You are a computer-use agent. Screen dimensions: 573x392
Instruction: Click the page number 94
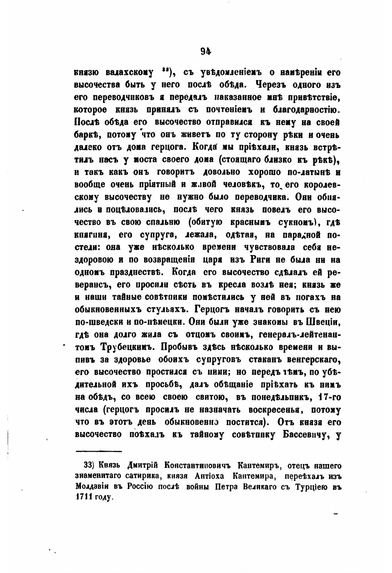(205, 51)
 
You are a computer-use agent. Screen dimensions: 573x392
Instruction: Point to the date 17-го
(329, 397)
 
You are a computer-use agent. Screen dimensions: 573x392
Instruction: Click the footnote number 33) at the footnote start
(89, 466)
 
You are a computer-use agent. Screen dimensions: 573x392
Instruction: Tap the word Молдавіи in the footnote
(93, 487)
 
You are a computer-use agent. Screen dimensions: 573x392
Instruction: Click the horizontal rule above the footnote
(99, 451)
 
